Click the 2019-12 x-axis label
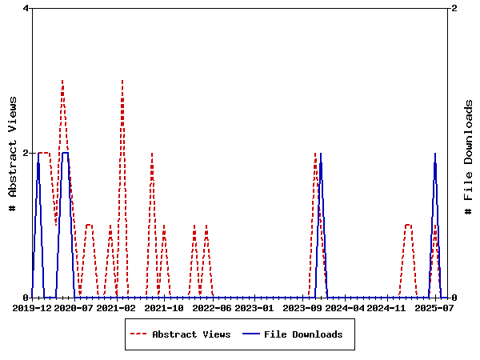point(33,308)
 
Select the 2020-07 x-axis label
point(74,308)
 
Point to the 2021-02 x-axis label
point(116,308)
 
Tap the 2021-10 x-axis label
point(164,308)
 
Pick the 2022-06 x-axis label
point(211,308)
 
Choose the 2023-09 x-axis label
point(302,308)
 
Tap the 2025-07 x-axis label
point(434,308)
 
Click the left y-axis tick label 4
point(26,8)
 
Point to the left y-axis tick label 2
point(26,153)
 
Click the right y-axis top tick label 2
point(454,8)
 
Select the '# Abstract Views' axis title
point(13,153)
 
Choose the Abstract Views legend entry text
point(191,334)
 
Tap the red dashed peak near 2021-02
point(122,81)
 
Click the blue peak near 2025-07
point(435,154)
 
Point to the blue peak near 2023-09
point(320,154)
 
